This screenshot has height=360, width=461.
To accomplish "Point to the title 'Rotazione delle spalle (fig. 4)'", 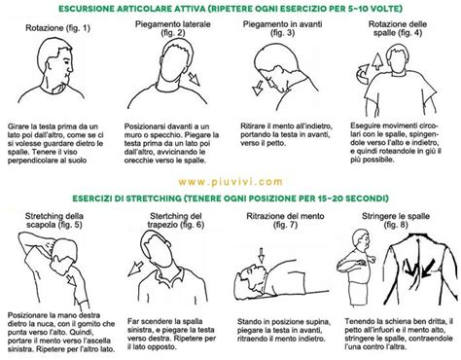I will click(405, 29).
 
